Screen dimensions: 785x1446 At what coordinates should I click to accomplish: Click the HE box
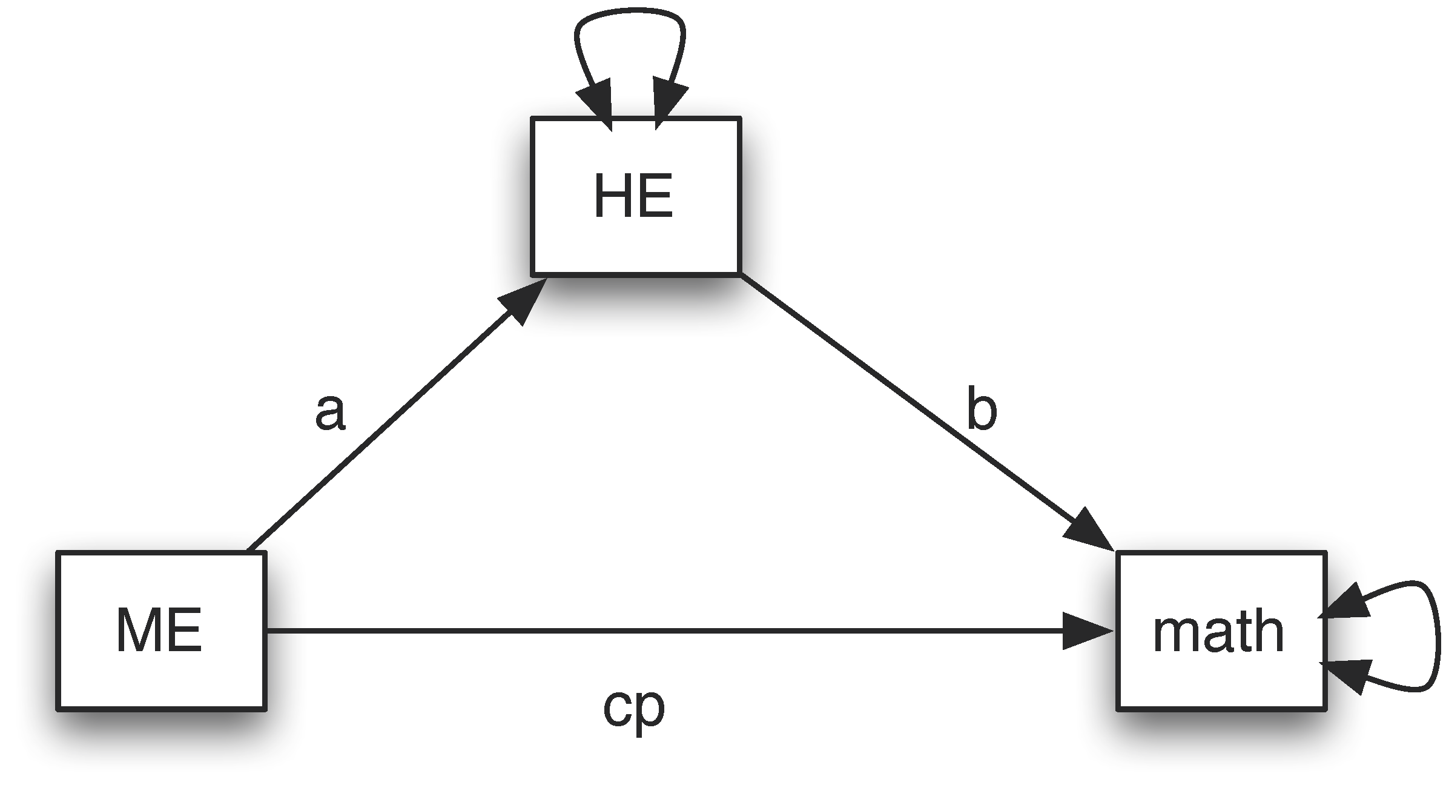coord(635,196)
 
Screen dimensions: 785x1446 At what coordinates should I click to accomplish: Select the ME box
coord(160,630)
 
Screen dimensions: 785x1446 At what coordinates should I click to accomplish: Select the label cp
coord(633,709)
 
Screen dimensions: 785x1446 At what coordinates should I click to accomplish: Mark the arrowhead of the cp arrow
coord(1087,631)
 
